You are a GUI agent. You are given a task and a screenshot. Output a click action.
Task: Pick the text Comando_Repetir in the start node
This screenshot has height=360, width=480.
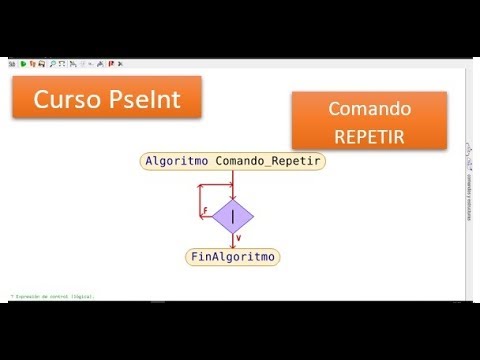click(269, 161)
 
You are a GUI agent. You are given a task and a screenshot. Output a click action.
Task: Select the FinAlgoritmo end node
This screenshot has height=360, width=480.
click(233, 257)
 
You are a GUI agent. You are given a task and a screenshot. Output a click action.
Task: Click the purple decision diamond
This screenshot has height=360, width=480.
click(233, 214)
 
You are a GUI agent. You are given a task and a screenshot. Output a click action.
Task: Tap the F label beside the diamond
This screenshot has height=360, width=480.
click(205, 212)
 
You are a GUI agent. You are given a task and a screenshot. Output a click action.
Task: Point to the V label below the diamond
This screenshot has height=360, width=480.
click(238, 238)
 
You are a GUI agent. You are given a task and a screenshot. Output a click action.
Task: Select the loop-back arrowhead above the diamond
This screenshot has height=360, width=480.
click(229, 191)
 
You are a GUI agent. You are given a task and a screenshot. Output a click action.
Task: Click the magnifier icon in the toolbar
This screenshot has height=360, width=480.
click(52, 63)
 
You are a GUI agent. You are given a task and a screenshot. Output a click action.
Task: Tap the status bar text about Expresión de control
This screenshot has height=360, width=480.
click(55, 296)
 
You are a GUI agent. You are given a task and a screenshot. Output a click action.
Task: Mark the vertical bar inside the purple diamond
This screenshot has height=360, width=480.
click(233, 214)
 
